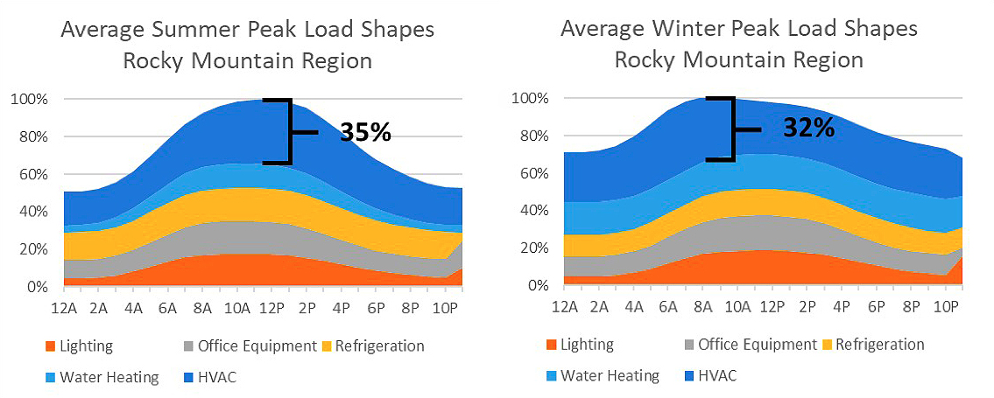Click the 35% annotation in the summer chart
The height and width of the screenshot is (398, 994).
coord(364,132)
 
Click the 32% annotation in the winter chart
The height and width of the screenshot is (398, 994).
coord(809,129)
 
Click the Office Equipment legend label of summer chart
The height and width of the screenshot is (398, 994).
coord(257,346)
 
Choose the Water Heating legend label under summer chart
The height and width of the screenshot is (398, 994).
coord(109,377)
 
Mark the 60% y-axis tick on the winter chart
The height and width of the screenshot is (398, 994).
coord(532,173)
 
